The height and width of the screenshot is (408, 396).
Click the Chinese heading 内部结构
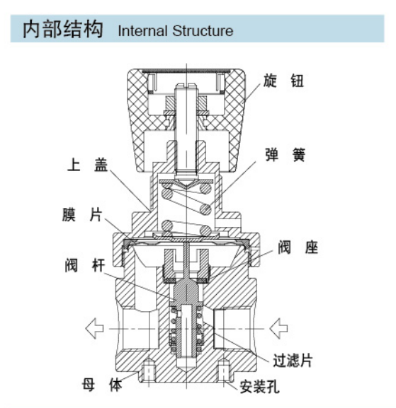tap(63, 29)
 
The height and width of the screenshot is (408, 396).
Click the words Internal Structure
tap(176, 30)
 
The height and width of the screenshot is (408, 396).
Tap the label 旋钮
tap(283, 81)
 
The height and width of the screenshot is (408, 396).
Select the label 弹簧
tap(285, 155)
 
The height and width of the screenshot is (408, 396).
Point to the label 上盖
tap(87, 165)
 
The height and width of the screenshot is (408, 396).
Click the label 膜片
tap(82, 214)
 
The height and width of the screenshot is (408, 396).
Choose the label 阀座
tap(298, 247)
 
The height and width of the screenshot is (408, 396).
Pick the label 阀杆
tap(85, 265)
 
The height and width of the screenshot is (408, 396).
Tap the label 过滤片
tap(293, 361)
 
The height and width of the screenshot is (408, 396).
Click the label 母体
tap(102, 385)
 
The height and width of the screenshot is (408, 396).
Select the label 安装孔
tap(259, 386)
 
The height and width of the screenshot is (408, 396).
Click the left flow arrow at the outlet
tap(94, 328)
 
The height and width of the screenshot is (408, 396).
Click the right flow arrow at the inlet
tap(278, 328)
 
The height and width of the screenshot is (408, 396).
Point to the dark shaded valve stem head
tap(186, 291)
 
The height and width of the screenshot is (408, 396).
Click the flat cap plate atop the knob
tap(186, 71)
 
